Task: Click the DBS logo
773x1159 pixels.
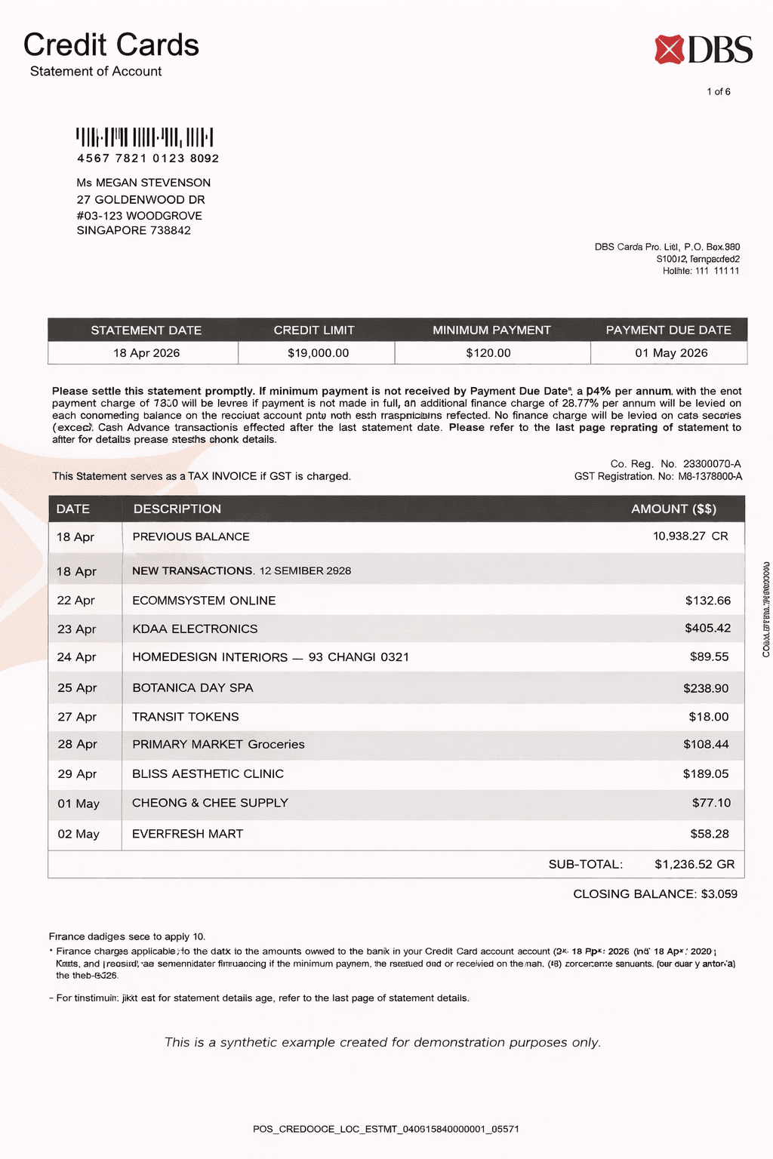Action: click(x=703, y=50)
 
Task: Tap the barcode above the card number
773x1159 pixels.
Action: click(x=145, y=137)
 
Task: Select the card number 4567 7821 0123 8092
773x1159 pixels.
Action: click(x=148, y=158)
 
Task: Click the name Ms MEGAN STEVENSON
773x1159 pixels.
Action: click(x=143, y=183)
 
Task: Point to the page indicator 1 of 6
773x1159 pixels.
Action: click(x=718, y=92)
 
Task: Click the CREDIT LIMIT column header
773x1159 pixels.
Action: click(x=314, y=330)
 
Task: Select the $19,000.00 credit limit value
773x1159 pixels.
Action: click(x=318, y=353)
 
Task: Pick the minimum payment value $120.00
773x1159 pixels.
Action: click(x=488, y=353)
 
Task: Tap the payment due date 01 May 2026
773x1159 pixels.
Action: click(x=671, y=353)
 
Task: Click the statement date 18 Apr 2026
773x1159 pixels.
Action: click(x=146, y=353)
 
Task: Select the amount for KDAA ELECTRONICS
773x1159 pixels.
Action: click(x=707, y=629)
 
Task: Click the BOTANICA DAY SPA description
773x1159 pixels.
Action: click(x=192, y=688)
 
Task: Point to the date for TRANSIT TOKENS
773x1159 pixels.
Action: click(x=77, y=717)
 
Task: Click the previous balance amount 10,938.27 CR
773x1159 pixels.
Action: click(x=690, y=536)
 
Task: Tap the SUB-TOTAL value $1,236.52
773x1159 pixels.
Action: click(x=694, y=865)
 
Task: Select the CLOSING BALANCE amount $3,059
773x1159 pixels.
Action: click(x=719, y=894)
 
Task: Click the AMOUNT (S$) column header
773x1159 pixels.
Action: click(x=673, y=509)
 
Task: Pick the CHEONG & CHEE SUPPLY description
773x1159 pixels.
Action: click(x=210, y=803)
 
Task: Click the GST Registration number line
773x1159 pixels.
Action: click(x=658, y=477)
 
